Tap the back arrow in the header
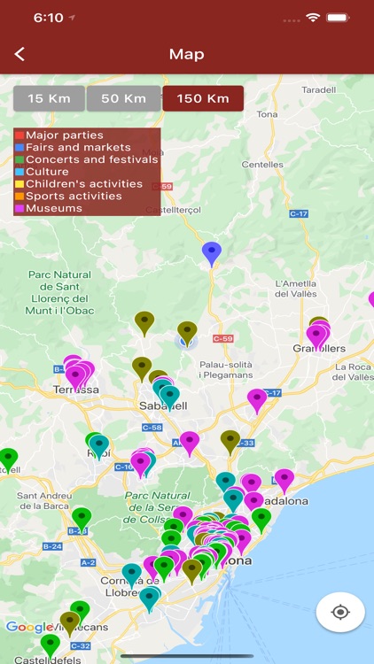tap(19, 54)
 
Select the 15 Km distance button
tap(49, 98)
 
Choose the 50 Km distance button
tap(123, 98)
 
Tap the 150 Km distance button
tap(203, 98)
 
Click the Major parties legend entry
tap(64, 135)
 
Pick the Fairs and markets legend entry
tap(78, 148)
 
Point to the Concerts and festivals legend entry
tap(91, 160)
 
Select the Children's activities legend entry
tap(83, 184)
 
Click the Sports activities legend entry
tap(74, 197)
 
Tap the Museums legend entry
tap(54, 209)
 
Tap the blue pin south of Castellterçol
tap(211, 251)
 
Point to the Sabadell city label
tap(163, 406)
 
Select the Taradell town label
tap(318, 89)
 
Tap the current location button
tap(340, 612)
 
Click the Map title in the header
tap(187, 54)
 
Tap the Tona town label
tap(267, 114)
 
